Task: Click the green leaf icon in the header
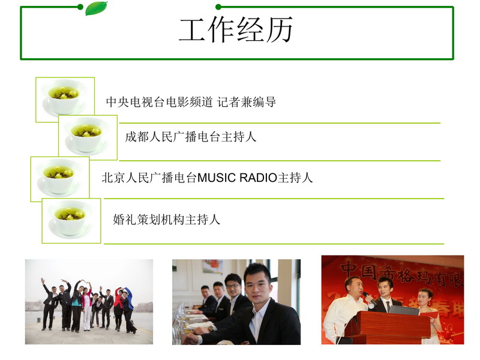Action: tap(96, 8)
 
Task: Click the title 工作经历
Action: tap(236, 30)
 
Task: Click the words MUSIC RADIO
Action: tap(237, 178)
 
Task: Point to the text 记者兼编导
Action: tap(247, 102)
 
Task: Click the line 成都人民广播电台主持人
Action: tap(191, 137)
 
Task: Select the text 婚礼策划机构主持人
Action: tap(167, 220)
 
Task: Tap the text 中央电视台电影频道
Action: tap(159, 102)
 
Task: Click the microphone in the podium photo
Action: tap(370, 298)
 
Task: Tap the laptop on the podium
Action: tap(404, 310)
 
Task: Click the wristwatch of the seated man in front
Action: tap(211, 329)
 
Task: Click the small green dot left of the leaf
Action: tap(80, 7)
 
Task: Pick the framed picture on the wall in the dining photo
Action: tap(212, 266)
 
